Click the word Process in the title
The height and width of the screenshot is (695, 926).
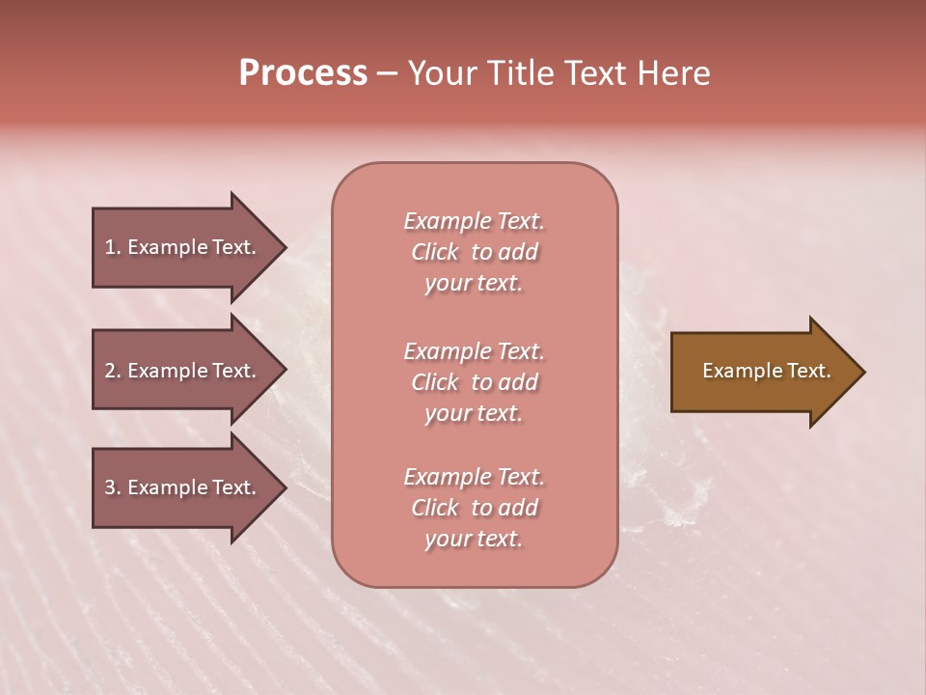[303, 74]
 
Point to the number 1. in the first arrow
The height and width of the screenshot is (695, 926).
[113, 247]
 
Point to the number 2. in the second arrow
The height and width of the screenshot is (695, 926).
[113, 371]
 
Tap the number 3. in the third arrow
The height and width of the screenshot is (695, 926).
[113, 487]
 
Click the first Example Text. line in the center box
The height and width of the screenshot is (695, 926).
[474, 221]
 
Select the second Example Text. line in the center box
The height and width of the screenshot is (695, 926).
[474, 350]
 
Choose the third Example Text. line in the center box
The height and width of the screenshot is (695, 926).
[474, 477]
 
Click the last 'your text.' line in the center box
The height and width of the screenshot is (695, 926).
[474, 540]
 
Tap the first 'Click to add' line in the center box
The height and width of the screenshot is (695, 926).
[474, 252]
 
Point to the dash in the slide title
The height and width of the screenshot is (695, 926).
[388, 74]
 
